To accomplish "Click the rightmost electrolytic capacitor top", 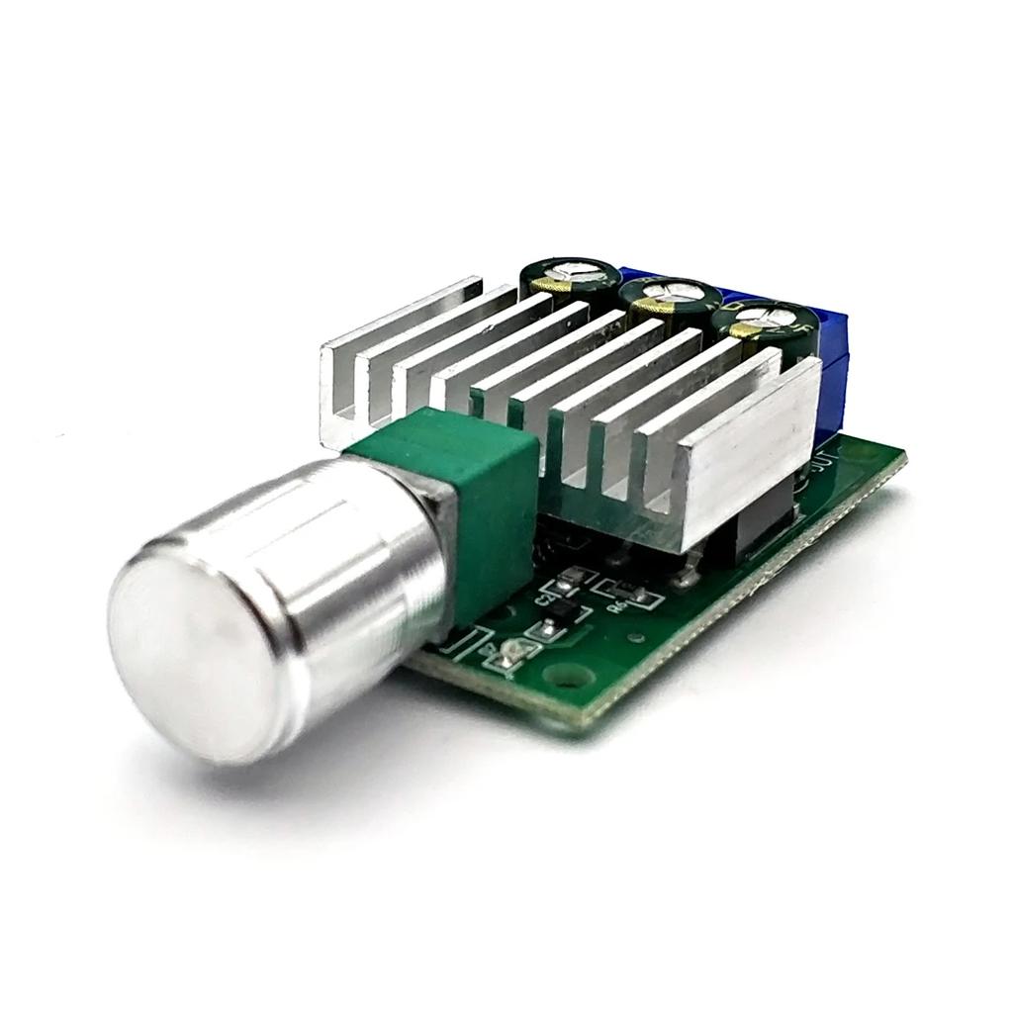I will pos(772,321).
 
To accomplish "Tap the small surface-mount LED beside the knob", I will pos(512,651).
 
